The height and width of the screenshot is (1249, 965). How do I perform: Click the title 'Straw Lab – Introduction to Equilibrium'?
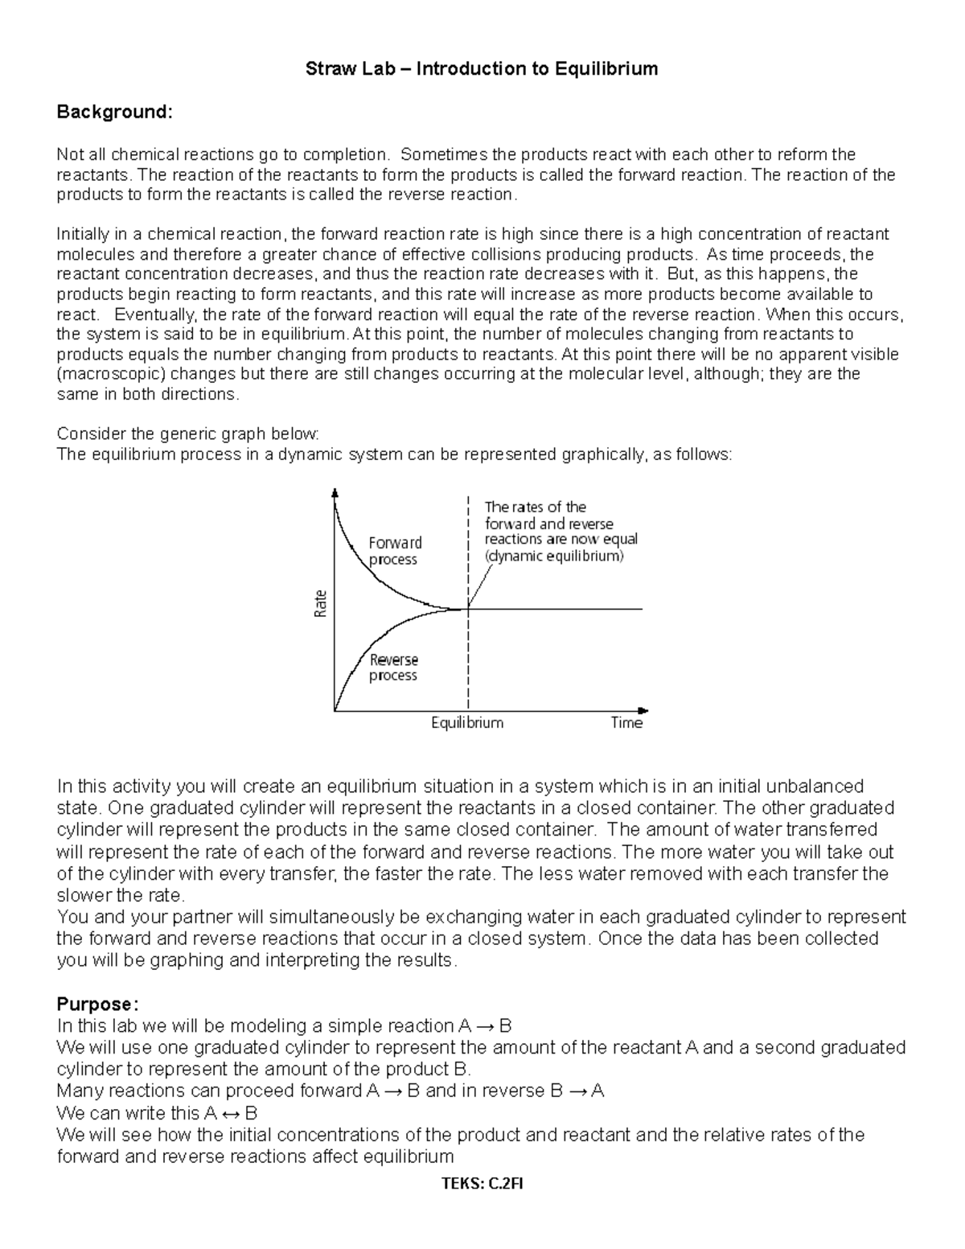coord(481,69)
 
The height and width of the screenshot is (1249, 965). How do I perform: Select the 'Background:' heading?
coord(114,112)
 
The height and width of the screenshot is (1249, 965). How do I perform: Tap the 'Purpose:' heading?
coord(97,1004)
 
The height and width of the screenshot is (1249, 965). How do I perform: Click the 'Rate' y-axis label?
coord(320,603)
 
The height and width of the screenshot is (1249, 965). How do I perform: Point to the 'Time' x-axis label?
coord(626,723)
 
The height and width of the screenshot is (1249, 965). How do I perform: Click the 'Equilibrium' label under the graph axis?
coord(467,723)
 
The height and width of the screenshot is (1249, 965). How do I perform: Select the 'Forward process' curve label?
coord(394,551)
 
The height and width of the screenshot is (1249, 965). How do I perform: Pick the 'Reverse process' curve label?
coord(393,668)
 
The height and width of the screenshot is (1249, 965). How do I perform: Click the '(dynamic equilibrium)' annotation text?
coord(554,556)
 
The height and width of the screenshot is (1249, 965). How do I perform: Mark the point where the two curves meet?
coord(467,609)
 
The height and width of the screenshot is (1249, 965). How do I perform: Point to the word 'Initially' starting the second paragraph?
coord(85,234)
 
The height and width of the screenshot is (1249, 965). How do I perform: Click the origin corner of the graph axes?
coord(335,711)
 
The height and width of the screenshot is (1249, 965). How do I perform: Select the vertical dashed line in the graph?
coord(467,659)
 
